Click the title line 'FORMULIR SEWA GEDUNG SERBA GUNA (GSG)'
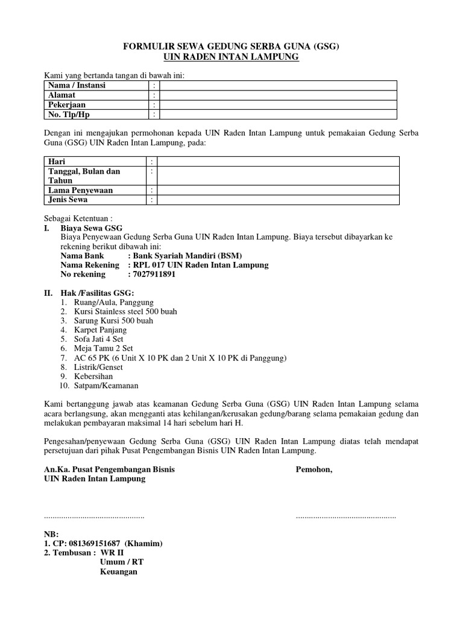(231, 46)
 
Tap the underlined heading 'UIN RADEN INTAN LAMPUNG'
(231, 57)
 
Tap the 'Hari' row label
(57, 162)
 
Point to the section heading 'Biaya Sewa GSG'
(92, 228)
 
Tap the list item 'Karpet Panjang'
(101, 330)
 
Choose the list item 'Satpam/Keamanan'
(106, 386)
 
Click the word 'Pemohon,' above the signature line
(313, 469)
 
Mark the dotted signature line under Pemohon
(345, 517)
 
